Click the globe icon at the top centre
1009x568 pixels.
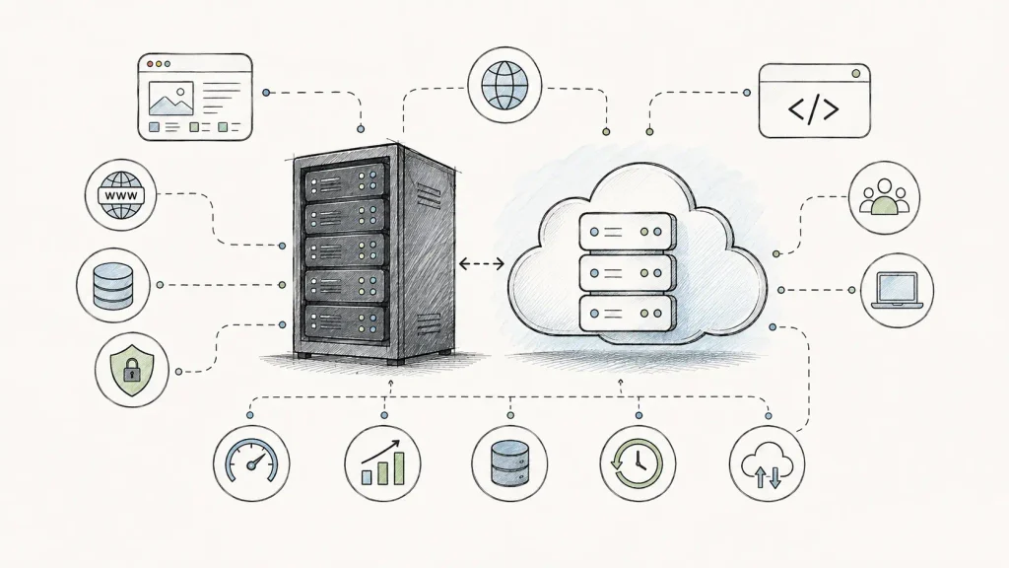pyautogui.click(x=505, y=85)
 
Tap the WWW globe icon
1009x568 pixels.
pyautogui.click(x=121, y=195)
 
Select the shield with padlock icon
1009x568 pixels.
pyautogui.click(x=131, y=371)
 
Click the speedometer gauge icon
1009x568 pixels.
pyautogui.click(x=251, y=461)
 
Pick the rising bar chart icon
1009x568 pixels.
pyautogui.click(x=382, y=462)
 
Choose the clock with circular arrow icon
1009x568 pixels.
pyautogui.click(x=638, y=463)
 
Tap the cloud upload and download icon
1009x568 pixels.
pyautogui.click(x=767, y=465)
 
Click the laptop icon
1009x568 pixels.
pyautogui.click(x=897, y=291)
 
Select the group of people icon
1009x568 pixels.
pyautogui.click(x=884, y=196)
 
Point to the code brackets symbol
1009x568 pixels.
pyautogui.click(x=814, y=109)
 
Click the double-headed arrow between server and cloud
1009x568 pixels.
pyautogui.click(x=481, y=263)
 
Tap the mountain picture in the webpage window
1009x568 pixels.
pyautogui.click(x=170, y=99)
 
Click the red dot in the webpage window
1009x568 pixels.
pyautogui.click(x=150, y=64)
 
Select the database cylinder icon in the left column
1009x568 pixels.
pyautogui.click(x=113, y=285)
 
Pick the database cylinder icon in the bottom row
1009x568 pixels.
pyautogui.click(x=509, y=463)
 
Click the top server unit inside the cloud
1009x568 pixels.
pyautogui.click(x=628, y=232)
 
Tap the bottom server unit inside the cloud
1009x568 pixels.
pyautogui.click(x=628, y=314)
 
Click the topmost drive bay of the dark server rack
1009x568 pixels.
pyautogui.click(x=346, y=181)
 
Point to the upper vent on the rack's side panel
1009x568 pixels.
pyautogui.click(x=428, y=192)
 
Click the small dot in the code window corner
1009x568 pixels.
pyautogui.click(x=856, y=73)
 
